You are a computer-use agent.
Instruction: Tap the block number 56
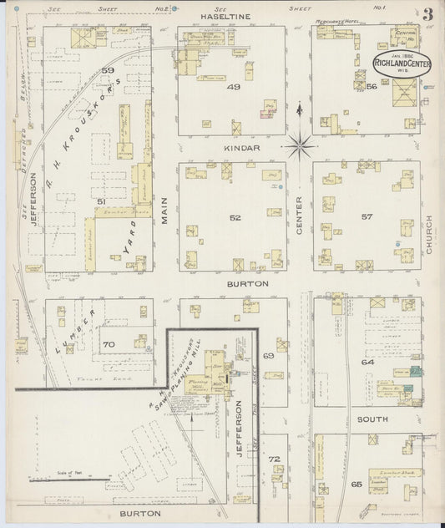click(x=372, y=86)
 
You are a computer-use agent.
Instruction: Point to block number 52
click(x=235, y=218)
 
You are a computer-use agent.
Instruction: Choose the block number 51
click(x=99, y=201)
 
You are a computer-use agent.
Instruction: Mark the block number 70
click(x=108, y=343)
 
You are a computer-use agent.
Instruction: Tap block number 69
click(x=269, y=357)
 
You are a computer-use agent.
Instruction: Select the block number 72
click(x=273, y=459)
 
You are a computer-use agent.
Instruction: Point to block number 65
click(x=357, y=484)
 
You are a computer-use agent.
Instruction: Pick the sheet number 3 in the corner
click(x=427, y=15)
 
